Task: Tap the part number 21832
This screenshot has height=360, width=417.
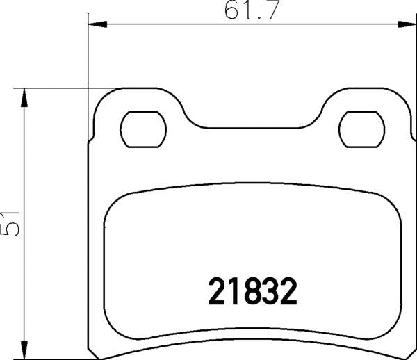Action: tap(253, 293)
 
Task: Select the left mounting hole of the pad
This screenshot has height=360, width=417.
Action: tap(144, 128)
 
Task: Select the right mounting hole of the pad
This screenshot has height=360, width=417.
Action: tap(361, 128)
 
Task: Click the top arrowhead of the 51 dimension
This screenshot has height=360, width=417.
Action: tap(25, 97)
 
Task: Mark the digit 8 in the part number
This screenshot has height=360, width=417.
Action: tap(253, 293)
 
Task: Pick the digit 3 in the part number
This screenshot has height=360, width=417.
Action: tap(271, 293)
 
